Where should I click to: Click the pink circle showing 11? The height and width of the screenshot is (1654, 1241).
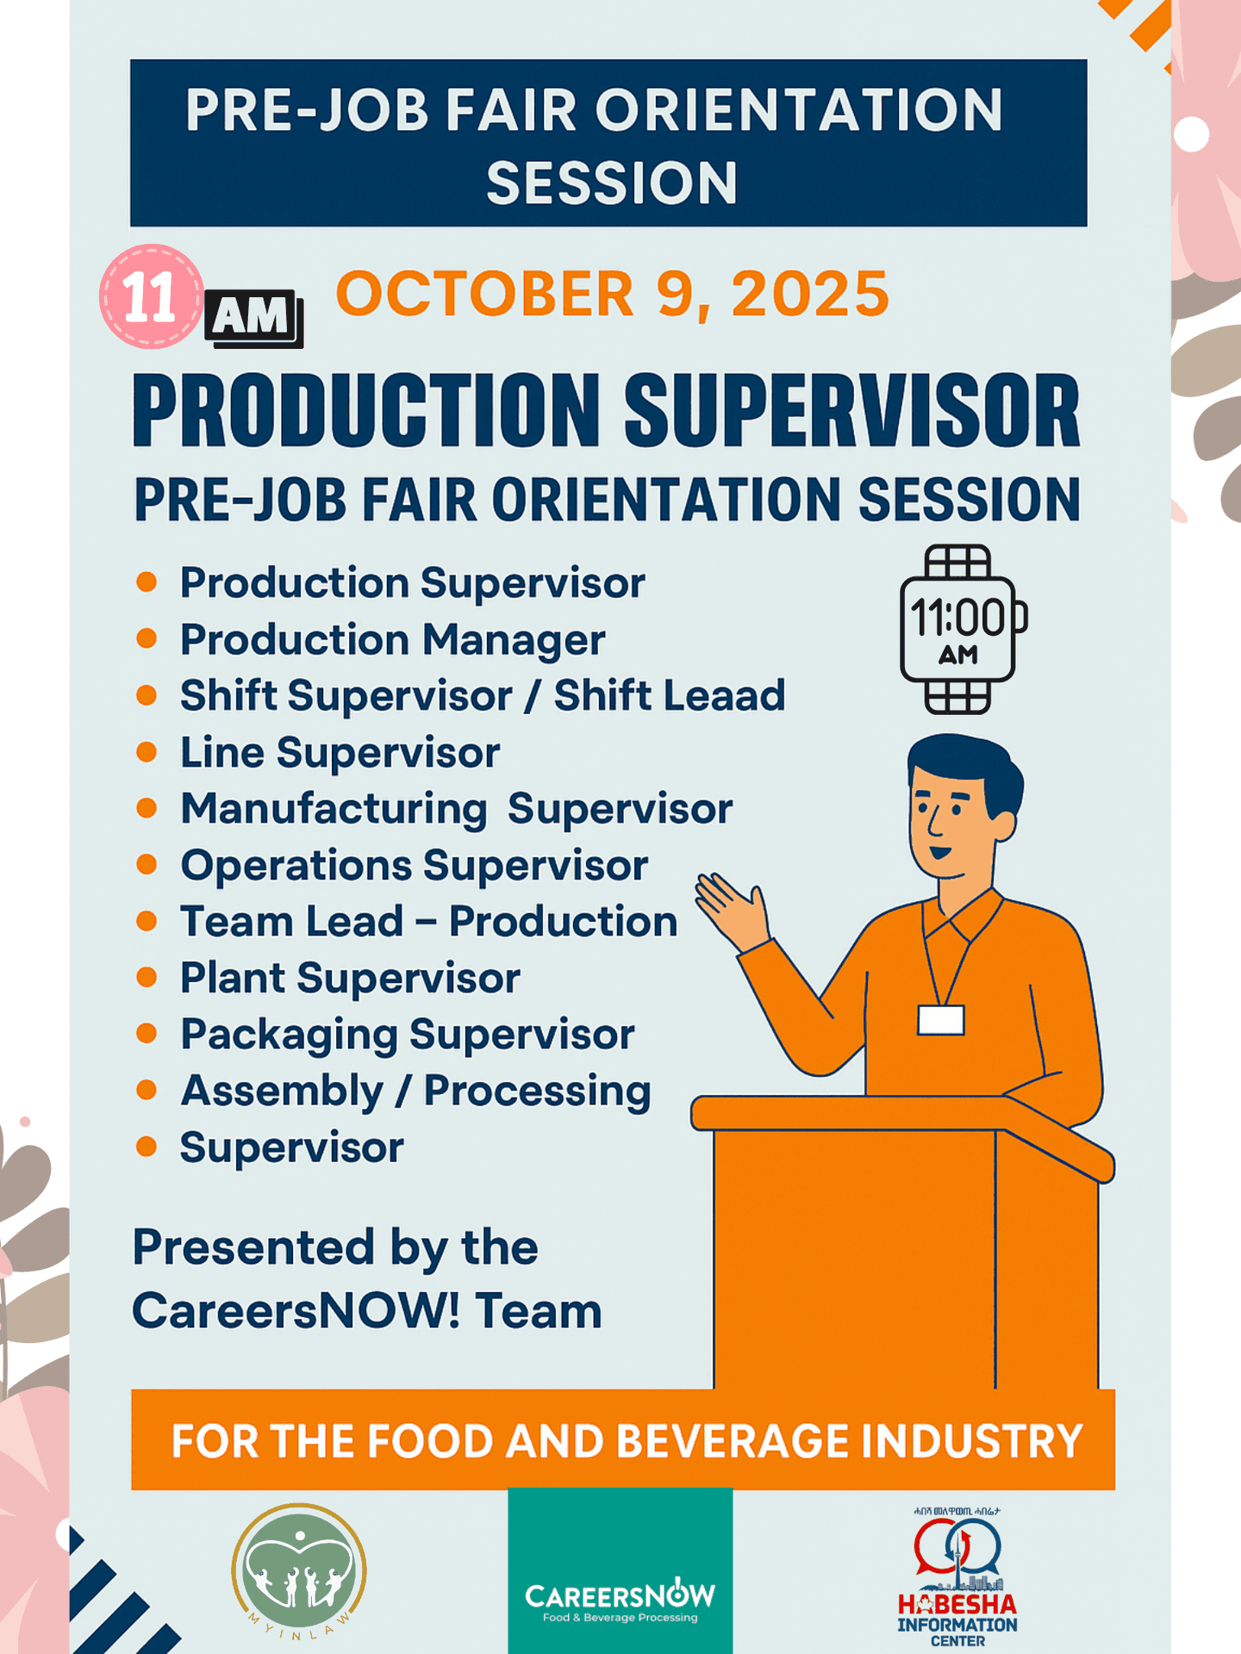pyautogui.click(x=152, y=296)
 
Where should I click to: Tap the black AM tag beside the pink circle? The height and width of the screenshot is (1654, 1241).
pyautogui.click(x=253, y=318)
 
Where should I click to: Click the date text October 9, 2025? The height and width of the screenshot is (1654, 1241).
pyautogui.click(x=612, y=295)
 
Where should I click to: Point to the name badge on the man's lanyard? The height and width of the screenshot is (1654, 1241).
pyautogui.click(x=940, y=1020)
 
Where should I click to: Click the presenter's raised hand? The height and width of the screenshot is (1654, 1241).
pyautogui.click(x=733, y=909)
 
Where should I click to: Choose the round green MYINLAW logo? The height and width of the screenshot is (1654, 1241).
pyautogui.click(x=299, y=1571)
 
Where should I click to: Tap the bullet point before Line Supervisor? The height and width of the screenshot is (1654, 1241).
pyautogui.click(x=147, y=752)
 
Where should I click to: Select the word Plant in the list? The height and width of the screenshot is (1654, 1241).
pyautogui.click(x=233, y=978)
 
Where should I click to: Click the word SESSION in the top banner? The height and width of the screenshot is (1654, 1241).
pyautogui.click(x=612, y=183)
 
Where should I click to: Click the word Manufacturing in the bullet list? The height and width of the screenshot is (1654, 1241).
pyautogui.click(x=334, y=810)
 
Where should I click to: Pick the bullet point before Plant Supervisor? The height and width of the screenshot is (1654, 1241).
pyautogui.click(x=147, y=978)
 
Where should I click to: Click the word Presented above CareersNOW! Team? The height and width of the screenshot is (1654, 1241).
pyautogui.click(x=254, y=1248)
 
